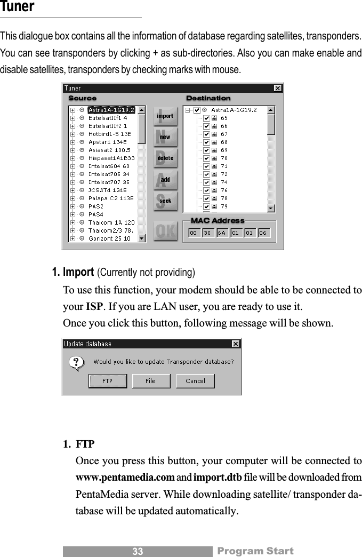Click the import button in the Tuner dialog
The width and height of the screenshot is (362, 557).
coord(165,116)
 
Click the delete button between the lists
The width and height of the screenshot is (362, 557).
coord(165,158)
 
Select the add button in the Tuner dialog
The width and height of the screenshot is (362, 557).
coord(165,180)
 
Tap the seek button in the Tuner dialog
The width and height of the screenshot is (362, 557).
coord(165,201)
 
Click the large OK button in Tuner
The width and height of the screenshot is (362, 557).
coord(165,231)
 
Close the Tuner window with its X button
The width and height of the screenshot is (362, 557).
coord(278,88)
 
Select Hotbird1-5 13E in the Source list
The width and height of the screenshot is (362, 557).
coord(109,134)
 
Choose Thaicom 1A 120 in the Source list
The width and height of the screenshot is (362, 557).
coord(111,222)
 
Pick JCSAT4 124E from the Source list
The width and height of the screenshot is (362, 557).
coord(107,190)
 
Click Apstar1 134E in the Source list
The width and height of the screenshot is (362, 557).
coord(107,142)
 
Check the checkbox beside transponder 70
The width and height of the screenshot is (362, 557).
coord(206,158)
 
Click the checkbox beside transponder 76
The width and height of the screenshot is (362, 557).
coord(206,190)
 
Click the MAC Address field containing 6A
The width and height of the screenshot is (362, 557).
coord(222,233)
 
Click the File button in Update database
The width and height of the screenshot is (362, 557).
coord(150,380)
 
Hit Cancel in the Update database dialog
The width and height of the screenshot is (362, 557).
coord(195,380)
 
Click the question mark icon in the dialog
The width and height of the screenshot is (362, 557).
coord(77,364)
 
